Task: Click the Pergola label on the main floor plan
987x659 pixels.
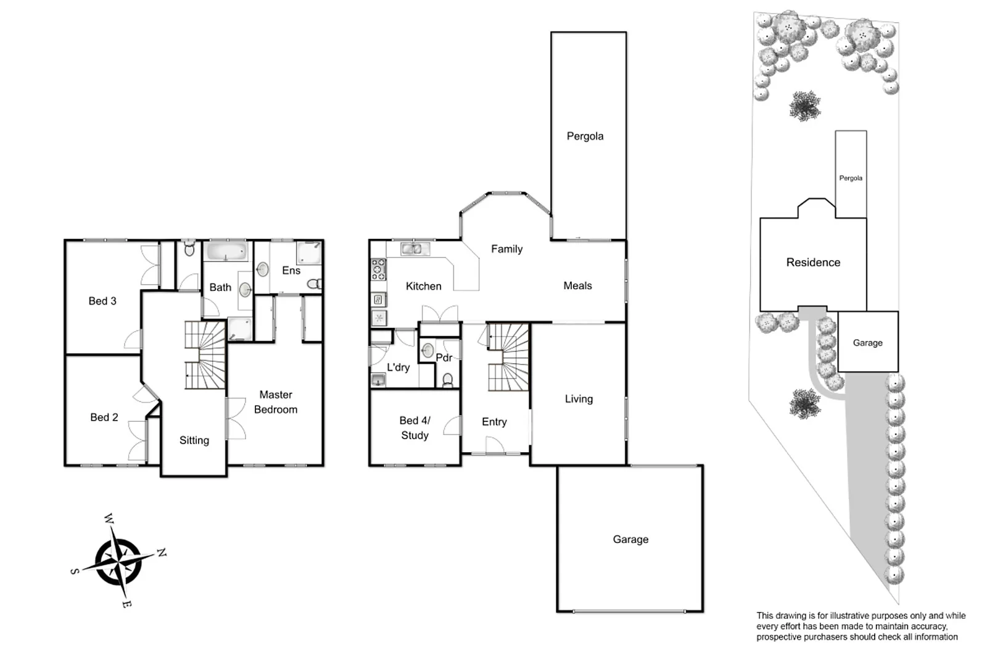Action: (x=585, y=136)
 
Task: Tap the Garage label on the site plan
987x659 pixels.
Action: (x=867, y=343)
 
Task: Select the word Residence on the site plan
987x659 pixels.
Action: (x=813, y=262)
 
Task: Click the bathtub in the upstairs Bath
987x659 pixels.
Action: (x=226, y=251)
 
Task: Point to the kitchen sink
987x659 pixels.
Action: (x=415, y=249)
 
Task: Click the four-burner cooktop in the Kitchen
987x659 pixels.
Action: (x=378, y=269)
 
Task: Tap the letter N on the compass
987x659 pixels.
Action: (x=161, y=553)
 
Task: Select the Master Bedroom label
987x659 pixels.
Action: (x=276, y=402)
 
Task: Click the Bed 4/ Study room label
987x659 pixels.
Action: (x=415, y=428)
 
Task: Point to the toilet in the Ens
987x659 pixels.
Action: (x=314, y=284)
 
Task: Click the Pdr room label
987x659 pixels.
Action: (x=444, y=358)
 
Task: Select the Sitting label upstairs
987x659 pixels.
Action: (x=194, y=440)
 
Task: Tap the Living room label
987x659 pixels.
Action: (x=579, y=399)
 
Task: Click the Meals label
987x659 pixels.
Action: (x=577, y=285)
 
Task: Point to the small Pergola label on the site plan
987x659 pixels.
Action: (x=851, y=178)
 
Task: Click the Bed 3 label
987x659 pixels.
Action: (x=102, y=301)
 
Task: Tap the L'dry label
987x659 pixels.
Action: (x=398, y=367)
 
